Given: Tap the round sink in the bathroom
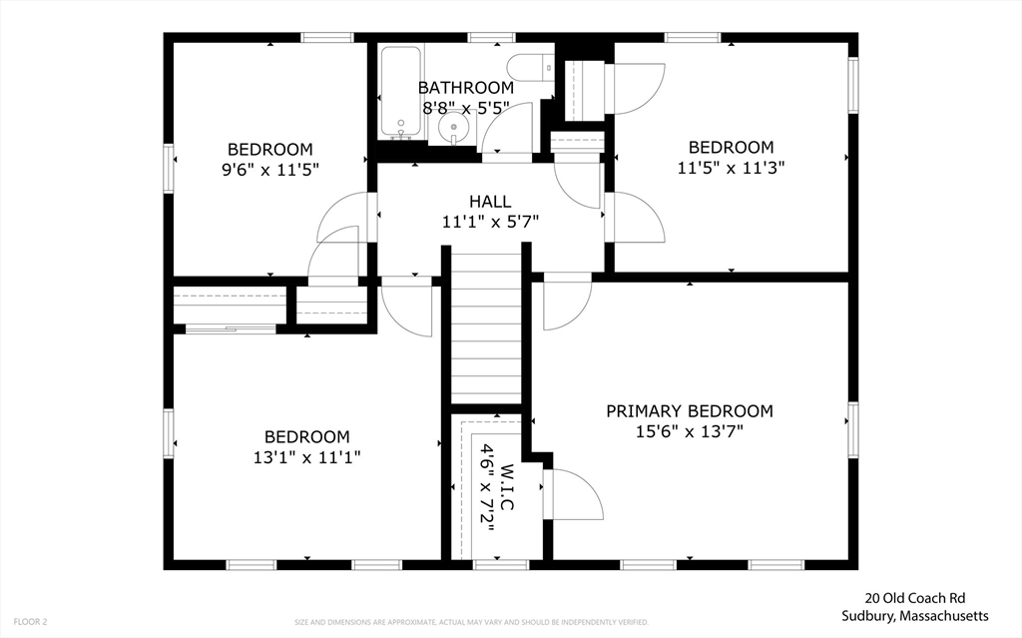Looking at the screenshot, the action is click(452, 127).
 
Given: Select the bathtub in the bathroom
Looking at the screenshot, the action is click(400, 93).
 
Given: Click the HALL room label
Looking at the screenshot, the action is click(490, 202).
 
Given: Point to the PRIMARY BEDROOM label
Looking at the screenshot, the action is click(690, 411).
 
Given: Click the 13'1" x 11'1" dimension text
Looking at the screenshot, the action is click(307, 457).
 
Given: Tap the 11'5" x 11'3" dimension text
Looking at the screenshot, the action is click(731, 168).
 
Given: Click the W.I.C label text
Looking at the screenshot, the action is click(508, 487).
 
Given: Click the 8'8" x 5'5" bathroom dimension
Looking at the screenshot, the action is click(465, 108).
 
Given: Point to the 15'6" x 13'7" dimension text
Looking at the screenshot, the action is click(690, 431).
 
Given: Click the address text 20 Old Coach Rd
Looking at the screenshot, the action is click(915, 598).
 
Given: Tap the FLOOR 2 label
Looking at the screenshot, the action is click(30, 622).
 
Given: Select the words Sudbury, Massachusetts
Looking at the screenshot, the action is click(915, 616).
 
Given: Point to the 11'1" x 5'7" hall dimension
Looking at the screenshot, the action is click(490, 223).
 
